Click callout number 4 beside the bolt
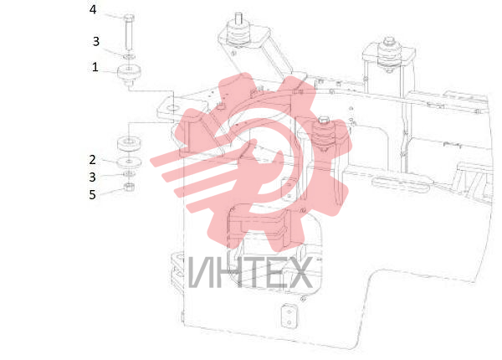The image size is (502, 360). coord(93,9)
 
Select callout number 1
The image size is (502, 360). coord(95,67)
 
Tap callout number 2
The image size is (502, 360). coord(93,160)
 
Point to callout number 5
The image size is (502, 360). coord(93,194)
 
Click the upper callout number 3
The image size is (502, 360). coord(96,41)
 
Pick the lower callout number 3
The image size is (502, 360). coord(93,177)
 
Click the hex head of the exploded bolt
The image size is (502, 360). coord(129,18)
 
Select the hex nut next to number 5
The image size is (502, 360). coord(129,187)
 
